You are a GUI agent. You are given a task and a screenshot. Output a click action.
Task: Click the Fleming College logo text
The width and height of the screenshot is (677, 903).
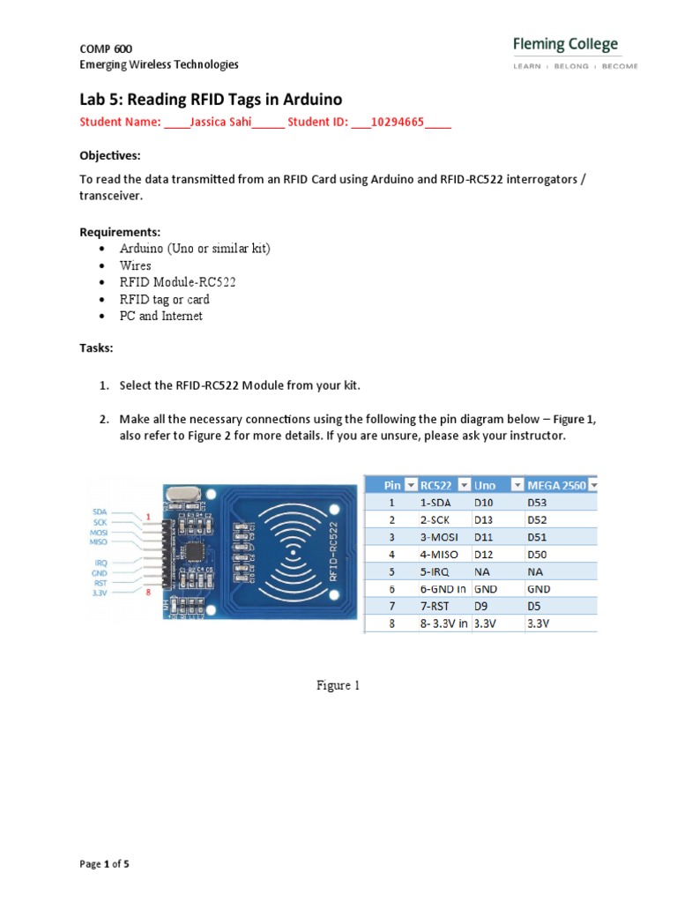[565, 44]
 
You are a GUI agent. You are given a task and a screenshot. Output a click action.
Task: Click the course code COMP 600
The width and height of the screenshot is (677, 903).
[106, 49]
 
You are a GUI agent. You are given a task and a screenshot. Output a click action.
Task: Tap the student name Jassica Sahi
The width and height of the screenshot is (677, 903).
[221, 123]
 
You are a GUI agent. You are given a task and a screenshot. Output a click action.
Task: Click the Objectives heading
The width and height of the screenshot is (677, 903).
[109, 156]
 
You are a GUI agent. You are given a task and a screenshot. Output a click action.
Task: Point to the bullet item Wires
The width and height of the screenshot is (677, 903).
[136, 265]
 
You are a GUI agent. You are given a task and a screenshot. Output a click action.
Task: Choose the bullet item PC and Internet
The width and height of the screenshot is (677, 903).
[161, 316]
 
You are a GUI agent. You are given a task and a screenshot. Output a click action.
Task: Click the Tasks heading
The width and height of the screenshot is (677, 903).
[96, 348]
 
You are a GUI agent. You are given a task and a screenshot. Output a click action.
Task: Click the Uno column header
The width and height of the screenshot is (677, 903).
[485, 485]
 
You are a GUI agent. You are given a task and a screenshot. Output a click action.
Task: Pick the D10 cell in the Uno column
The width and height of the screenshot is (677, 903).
[485, 502]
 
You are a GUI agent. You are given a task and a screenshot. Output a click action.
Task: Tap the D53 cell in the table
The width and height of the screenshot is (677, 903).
[538, 502]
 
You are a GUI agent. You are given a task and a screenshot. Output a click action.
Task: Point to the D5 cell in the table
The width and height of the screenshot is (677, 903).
[534, 606]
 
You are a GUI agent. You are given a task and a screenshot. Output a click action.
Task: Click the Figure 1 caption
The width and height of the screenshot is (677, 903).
[338, 686]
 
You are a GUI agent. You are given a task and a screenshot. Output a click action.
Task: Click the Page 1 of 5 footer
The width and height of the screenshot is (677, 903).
[104, 864]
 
